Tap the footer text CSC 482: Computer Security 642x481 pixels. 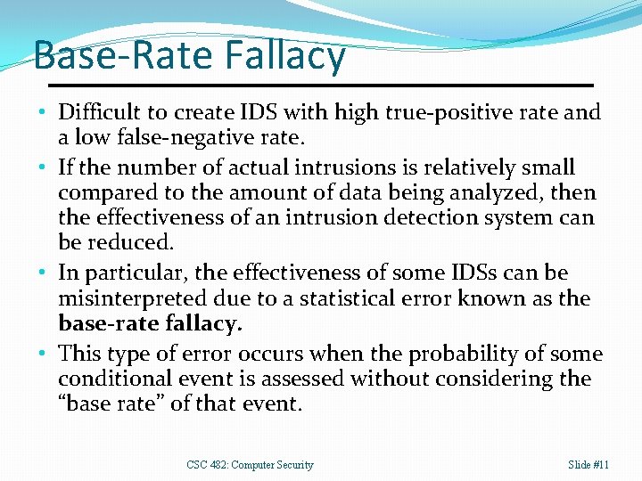click(x=250, y=465)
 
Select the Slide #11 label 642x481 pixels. click(x=588, y=465)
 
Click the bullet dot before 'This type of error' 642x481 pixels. click(x=44, y=354)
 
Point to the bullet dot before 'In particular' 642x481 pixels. click(x=44, y=273)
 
